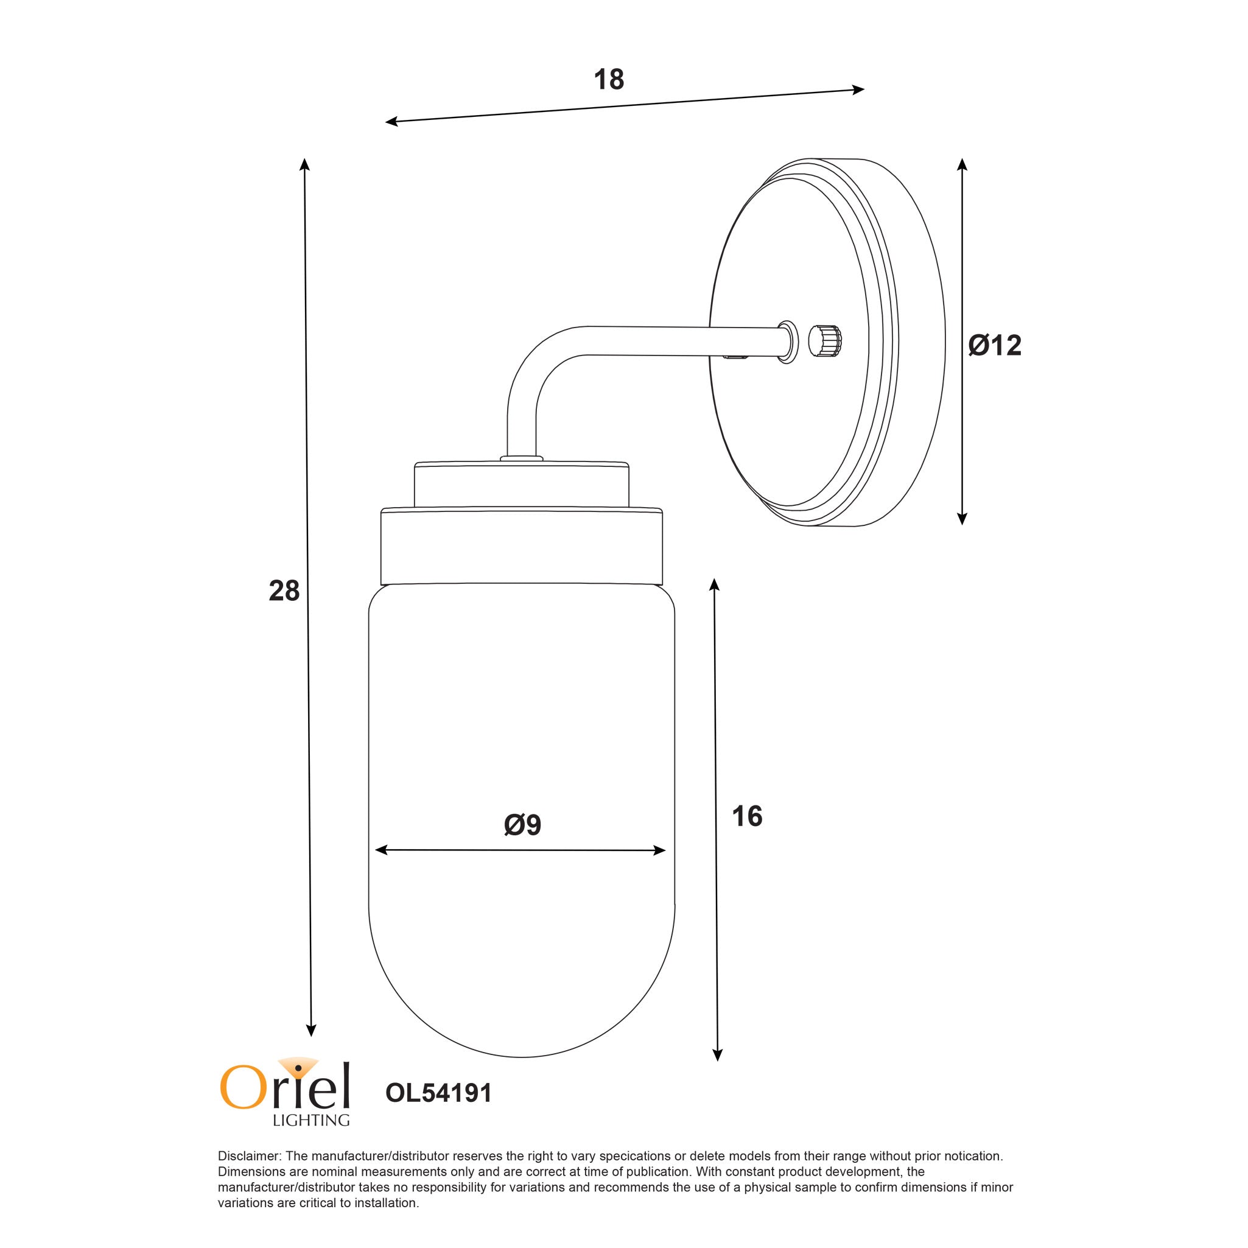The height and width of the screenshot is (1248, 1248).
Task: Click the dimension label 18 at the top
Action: pyautogui.click(x=609, y=80)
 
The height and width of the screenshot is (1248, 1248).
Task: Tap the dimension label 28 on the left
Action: pyautogui.click(x=284, y=591)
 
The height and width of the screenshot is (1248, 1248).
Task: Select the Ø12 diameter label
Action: pyautogui.click(x=995, y=346)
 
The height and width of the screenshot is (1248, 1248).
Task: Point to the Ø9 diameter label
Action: pyautogui.click(x=522, y=825)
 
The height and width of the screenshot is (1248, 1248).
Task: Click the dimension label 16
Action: pyautogui.click(x=747, y=816)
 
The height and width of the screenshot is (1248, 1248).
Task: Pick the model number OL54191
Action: pyautogui.click(x=438, y=1093)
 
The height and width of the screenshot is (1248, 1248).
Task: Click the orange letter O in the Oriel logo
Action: pyautogui.click(x=240, y=1088)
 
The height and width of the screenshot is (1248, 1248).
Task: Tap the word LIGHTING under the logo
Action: pyautogui.click(x=310, y=1120)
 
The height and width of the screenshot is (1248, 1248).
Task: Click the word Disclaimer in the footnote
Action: pyautogui.click(x=250, y=1156)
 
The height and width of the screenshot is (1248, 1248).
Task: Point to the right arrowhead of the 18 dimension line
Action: pyautogui.click(x=860, y=89)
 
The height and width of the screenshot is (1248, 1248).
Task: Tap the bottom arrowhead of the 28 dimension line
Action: pyautogui.click(x=310, y=1032)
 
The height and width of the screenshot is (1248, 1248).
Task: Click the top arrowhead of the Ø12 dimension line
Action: pyautogui.click(x=962, y=163)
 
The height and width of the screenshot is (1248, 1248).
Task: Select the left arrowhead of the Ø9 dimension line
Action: pyautogui.click(x=380, y=850)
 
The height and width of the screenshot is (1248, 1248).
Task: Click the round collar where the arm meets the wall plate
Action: pyautogui.click(x=787, y=341)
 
